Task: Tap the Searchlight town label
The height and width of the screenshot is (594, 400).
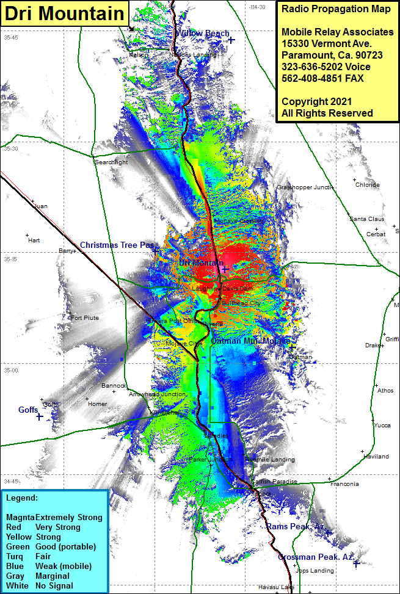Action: coord(111,162)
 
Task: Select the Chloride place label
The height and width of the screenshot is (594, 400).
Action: coord(367,185)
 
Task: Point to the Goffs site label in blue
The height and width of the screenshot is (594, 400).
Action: coord(28,410)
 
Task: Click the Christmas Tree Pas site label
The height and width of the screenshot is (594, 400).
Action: coord(116,245)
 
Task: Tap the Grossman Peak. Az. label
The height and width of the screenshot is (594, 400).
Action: coord(315,557)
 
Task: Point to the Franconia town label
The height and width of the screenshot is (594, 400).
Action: coord(344,484)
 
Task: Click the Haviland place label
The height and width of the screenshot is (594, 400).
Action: coord(376,457)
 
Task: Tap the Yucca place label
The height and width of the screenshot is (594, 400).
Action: coord(382,426)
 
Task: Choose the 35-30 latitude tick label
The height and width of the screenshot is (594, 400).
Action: coord(11,149)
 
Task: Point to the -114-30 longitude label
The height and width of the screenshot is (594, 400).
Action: coord(257,7)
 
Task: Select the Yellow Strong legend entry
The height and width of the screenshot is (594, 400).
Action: coord(42,537)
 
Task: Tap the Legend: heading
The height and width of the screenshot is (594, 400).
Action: coord(22,498)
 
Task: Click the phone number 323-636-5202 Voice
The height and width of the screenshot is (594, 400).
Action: coord(325,67)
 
